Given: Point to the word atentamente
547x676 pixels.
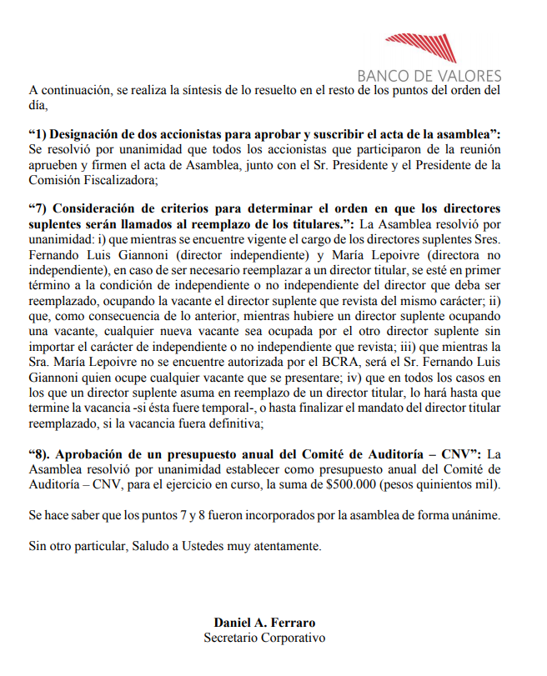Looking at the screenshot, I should (279, 546).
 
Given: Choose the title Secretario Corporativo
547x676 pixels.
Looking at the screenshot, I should (265, 638).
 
